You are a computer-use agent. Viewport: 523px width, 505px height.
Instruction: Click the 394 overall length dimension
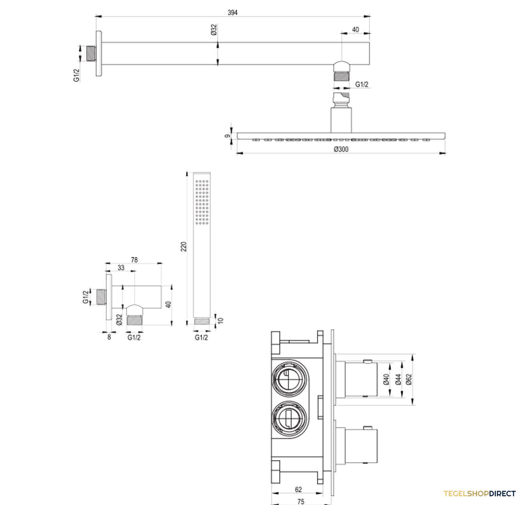point(232,13)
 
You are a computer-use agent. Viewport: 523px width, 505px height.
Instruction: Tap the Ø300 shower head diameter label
point(341,149)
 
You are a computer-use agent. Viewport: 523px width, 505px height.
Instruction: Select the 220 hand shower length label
point(183,246)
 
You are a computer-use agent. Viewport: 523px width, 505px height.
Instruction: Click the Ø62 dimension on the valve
point(409,379)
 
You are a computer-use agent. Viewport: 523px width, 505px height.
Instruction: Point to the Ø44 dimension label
point(398,379)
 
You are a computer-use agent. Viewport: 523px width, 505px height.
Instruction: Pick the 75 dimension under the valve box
point(301,502)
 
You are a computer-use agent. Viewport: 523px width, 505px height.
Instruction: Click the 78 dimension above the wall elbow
point(134,260)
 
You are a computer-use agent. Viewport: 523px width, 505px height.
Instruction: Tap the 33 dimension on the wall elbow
point(121,268)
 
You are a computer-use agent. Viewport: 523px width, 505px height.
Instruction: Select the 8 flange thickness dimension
point(109,337)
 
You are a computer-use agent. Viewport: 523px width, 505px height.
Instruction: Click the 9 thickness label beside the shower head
point(228,136)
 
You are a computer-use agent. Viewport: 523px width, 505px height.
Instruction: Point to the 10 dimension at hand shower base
point(221,320)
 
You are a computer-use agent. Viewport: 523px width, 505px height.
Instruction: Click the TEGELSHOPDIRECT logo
point(479,494)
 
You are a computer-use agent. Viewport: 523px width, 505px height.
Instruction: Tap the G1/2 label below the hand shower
point(201,338)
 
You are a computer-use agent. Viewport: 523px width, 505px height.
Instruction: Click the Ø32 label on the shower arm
point(214,30)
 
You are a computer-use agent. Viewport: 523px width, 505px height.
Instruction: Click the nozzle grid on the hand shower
point(202,202)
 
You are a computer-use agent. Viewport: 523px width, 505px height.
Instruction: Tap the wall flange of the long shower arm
point(98,53)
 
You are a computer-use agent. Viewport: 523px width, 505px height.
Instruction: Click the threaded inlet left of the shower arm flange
point(92,54)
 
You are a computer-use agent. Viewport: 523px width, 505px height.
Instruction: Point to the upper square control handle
point(361,379)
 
